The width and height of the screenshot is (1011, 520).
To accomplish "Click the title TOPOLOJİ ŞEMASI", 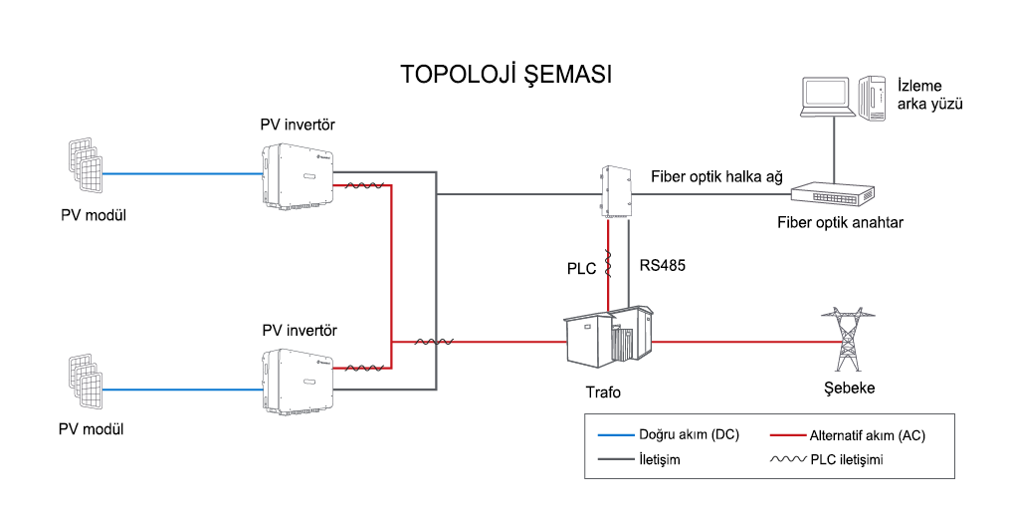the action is (506, 74).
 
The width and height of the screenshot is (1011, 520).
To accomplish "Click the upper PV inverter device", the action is (298, 175).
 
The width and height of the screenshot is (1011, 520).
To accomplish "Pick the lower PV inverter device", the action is (298, 382).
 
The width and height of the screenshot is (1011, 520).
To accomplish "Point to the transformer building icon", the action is (609, 337).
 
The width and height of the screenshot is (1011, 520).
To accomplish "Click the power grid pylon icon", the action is (847, 340).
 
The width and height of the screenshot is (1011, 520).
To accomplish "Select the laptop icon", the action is (829, 98).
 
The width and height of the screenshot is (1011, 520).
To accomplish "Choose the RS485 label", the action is (662, 265).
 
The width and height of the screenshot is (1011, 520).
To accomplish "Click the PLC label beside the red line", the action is (581, 269).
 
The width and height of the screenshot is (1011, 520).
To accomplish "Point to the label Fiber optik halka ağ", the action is (716, 176).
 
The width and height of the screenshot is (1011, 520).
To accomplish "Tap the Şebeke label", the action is (849, 388).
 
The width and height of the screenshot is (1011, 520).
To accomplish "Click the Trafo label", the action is (603, 392).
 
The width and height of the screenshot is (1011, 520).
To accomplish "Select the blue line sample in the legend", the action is (616, 435).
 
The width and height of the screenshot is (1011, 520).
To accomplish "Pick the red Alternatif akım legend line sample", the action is (788, 435).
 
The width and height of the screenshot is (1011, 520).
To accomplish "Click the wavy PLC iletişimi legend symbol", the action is (788, 460).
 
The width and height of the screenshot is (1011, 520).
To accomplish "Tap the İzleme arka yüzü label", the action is (929, 95).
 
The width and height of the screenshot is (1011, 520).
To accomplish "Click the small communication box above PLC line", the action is (613, 191).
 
